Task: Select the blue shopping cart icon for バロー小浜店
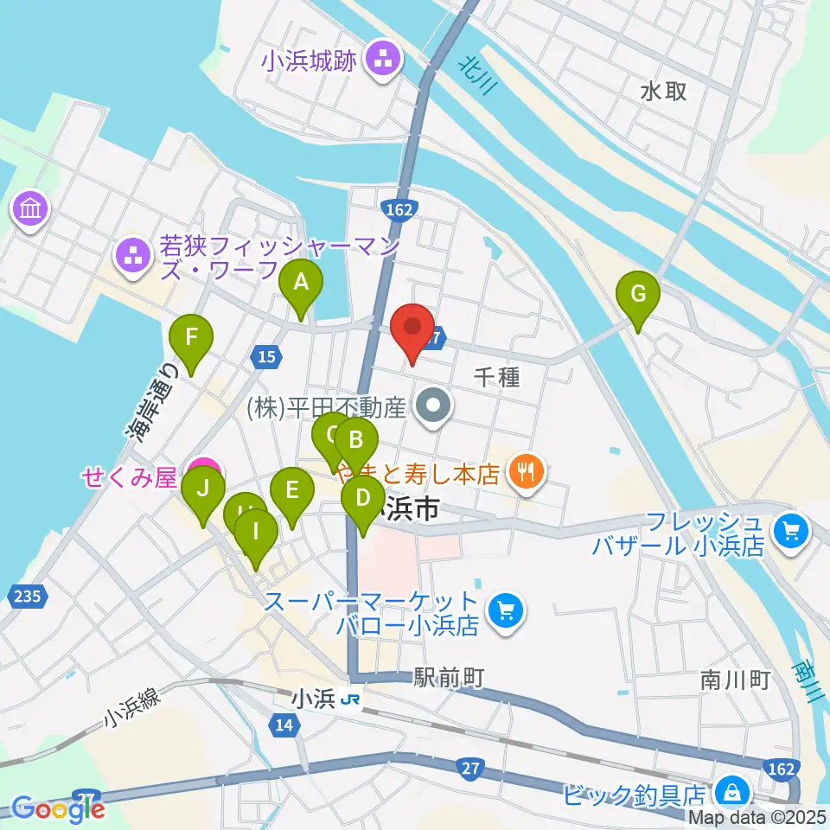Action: pos(505,612)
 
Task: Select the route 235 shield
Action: pos(27,595)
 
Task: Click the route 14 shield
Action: pos(284,727)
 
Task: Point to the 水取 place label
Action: pos(664,90)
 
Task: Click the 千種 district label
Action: pos(496,376)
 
